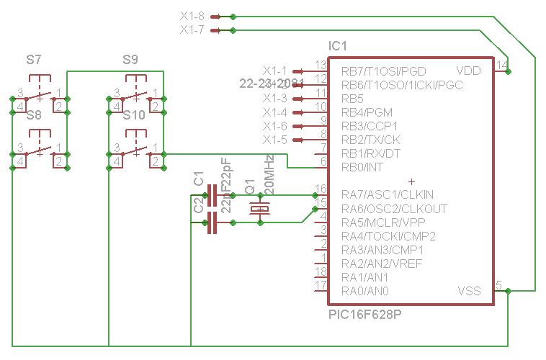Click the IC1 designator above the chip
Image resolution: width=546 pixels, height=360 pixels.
pos(338,46)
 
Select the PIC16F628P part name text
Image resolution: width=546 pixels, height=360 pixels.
pos(364,315)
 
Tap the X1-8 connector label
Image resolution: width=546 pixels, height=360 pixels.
pos(192,16)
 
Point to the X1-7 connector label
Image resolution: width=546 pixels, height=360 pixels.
pos(192,30)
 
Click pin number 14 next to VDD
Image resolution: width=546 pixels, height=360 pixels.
pos(502,66)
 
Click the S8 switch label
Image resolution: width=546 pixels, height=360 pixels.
pos(33,114)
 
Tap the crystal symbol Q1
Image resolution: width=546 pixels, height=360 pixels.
pos(259,209)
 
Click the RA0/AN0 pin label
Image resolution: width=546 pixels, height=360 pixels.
pos(365,291)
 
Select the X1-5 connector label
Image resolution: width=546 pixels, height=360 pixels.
pos(274,139)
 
